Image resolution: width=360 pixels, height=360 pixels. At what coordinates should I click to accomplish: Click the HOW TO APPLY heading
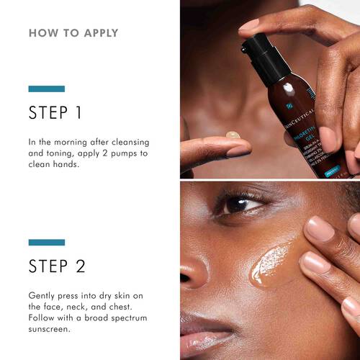[73, 33]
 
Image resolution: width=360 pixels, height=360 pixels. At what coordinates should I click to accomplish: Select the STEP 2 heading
[57, 266]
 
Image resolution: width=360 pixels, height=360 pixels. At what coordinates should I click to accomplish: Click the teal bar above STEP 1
[46, 89]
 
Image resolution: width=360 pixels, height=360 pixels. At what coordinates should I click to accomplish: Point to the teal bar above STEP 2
[46, 242]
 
